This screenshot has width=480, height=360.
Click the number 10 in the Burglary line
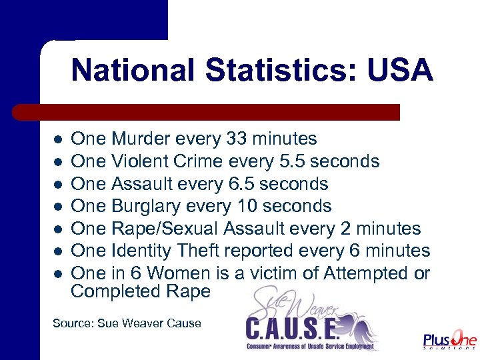tap(238, 206)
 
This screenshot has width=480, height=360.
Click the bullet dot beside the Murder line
tap(58, 140)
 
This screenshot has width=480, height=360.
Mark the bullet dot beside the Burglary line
tap(58, 207)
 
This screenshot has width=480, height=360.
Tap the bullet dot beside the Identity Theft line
tap(58, 251)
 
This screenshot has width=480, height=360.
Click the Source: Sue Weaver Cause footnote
tap(127, 323)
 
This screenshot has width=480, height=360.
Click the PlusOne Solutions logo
tap(449, 340)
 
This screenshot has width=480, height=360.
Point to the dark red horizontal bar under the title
tap(207, 112)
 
